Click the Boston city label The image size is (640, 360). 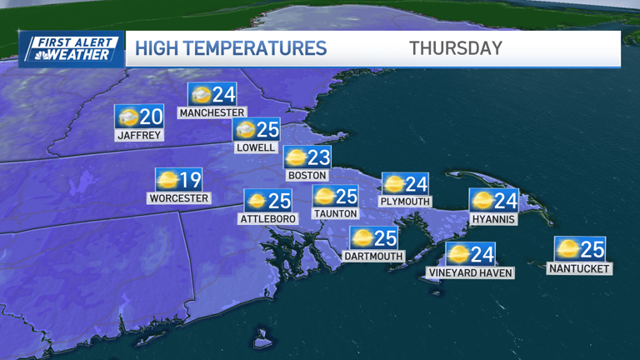point(307,176)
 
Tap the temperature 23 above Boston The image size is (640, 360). point(319,157)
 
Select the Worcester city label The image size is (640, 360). point(178,198)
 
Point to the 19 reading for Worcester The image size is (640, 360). point(191,179)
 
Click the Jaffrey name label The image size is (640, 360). point(139,135)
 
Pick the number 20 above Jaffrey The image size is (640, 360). point(151,117)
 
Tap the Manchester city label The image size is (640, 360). point(212,112)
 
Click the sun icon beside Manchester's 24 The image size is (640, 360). point(201,94)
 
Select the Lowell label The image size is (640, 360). point(256,147)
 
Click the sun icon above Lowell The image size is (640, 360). point(245,130)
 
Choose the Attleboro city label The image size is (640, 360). point(267,218)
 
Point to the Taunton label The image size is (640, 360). point(334,213)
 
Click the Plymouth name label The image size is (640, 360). point(405,201)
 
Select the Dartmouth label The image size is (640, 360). point(372,256)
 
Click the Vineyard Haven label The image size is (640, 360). point(469,272)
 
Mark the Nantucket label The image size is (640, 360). point(579,268)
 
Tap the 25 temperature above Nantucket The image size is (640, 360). point(592,248)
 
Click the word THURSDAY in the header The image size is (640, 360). point(455,48)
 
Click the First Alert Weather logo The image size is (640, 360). point(72,48)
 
